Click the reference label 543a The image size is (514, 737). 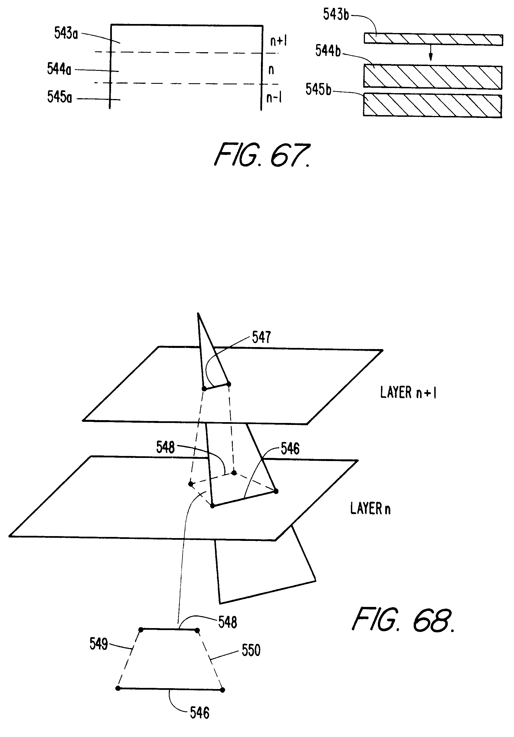[x=66, y=33]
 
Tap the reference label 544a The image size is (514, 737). [x=59, y=69]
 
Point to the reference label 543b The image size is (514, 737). [x=336, y=15]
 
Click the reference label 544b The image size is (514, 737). [x=328, y=51]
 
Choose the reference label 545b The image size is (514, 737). [x=318, y=89]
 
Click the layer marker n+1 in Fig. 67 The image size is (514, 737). [x=278, y=41]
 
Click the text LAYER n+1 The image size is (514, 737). [x=408, y=392]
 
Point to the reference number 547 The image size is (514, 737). [x=261, y=337]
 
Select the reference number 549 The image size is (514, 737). [x=98, y=644]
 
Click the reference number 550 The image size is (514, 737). [x=251, y=650]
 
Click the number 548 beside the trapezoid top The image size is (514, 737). [x=228, y=622]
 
